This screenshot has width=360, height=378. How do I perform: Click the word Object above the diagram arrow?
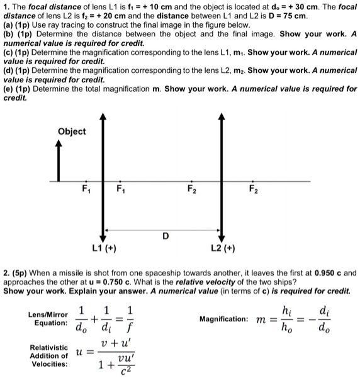click(72, 131)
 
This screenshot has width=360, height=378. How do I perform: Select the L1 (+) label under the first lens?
click(102, 248)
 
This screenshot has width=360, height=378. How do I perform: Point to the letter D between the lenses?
click(165, 236)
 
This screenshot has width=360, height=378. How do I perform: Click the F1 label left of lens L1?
click(86, 189)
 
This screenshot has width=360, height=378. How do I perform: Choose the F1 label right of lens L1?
click(120, 189)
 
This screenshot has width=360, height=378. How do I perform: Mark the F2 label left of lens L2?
click(191, 189)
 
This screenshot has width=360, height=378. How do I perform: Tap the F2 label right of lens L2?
click(252, 189)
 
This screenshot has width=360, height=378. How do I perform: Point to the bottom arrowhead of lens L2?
click(220, 232)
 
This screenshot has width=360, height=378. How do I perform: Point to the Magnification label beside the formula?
click(225, 320)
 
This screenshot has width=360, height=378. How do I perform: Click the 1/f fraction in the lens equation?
click(129, 319)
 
